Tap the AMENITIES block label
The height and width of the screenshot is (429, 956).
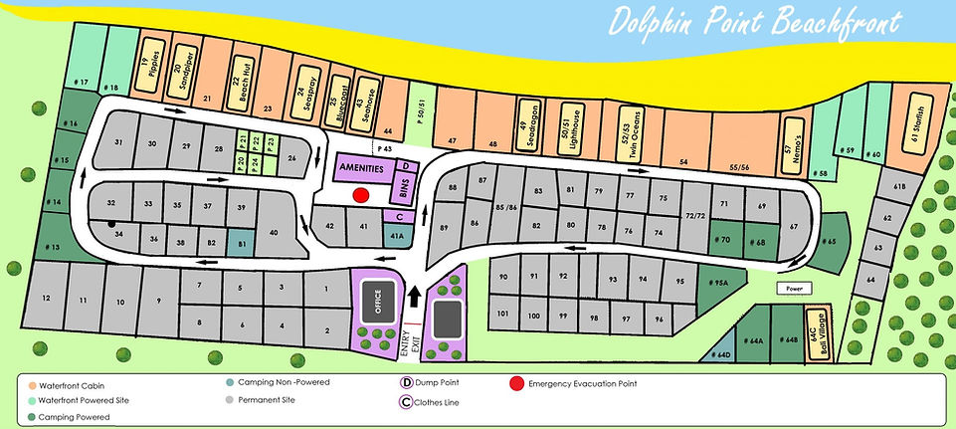(365, 168)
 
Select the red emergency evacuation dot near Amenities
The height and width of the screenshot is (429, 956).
(361, 195)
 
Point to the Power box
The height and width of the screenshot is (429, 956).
(792, 290)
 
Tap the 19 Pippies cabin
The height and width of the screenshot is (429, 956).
(150, 61)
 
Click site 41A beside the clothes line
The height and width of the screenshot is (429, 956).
(396, 236)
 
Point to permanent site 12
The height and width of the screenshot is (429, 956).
(46, 299)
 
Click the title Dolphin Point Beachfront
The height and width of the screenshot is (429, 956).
(756, 22)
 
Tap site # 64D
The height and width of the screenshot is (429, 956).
(719, 349)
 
